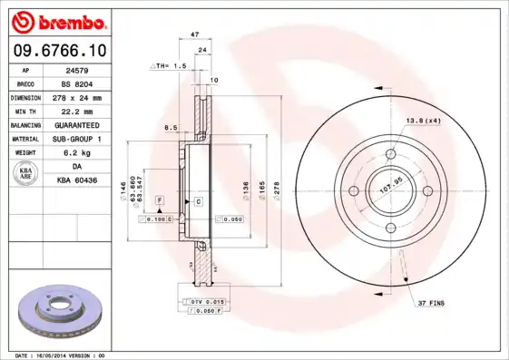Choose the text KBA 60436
point(77,181)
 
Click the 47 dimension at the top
point(193,34)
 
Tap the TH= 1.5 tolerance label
point(171,66)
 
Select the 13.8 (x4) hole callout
point(423,121)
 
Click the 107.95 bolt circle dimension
point(390,189)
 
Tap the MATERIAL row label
point(24,139)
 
